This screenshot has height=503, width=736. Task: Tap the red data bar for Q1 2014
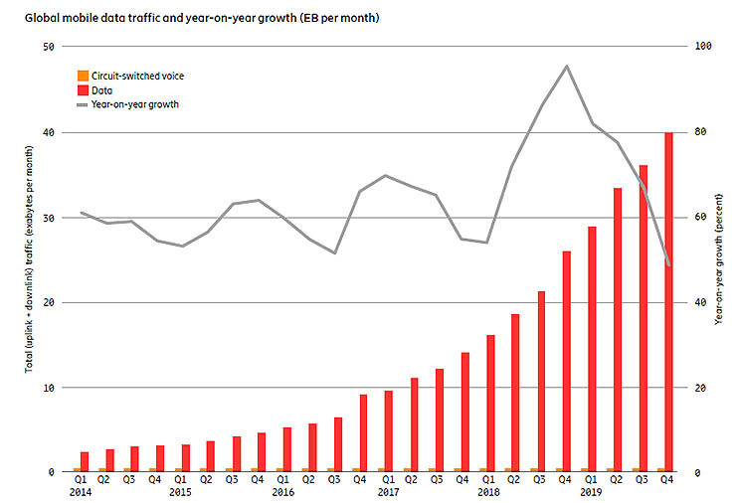pyautogui.click(x=85, y=461)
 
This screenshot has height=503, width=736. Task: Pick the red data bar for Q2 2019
pyautogui.click(x=618, y=329)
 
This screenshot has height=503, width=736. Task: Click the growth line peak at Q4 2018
pyautogui.click(x=567, y=67)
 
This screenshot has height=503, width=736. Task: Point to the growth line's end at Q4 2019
pyautogui.click(x=669, y=264)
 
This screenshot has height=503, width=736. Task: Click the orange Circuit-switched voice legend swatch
pyautogui.click(x=83, y=76)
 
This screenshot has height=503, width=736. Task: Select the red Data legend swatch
pyautogui.click(x=83, y=89)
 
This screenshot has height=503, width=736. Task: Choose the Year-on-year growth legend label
pyautogui.click(x=134, y=103)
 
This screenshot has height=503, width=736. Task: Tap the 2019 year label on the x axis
pyautogui.click(x=592, y=492)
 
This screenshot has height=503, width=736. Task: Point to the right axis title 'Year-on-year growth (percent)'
pyautogui.click(x=719, y=259)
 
